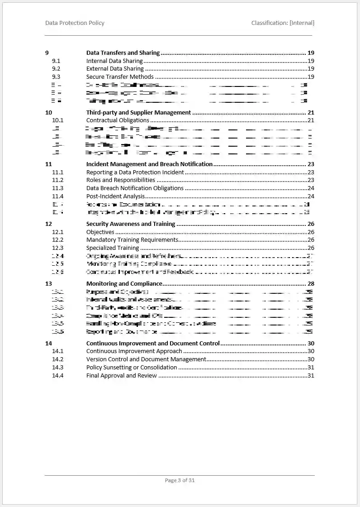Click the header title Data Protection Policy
click(x=75, y=23)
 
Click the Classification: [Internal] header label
click(x=283, y=23)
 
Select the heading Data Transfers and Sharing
click(x=123, y=53)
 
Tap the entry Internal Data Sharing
click(x=114, y=61)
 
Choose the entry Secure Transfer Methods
click(x=120, y=77)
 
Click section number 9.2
click(x=56, y=69)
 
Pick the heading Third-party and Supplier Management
click(x=138, y=112)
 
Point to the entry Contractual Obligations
click(x=118, y=120)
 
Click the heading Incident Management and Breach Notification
click(x=149, y=164)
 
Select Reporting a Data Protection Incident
click(x=135, y=172)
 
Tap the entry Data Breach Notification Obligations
click(x=135, y=188)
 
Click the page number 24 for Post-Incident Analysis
click(x=311, y=196)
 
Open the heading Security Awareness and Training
click(x=131, y=224)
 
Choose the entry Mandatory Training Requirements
click(x=132, y=240)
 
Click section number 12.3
click(x=57, y=248)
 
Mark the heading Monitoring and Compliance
click(x=124, y=284)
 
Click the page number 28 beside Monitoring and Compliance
click(x=311, y=284)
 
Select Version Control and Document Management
click(x=146, y=359)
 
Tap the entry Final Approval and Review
click(x=122, y=376)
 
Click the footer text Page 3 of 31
click(x=180, y=480)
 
